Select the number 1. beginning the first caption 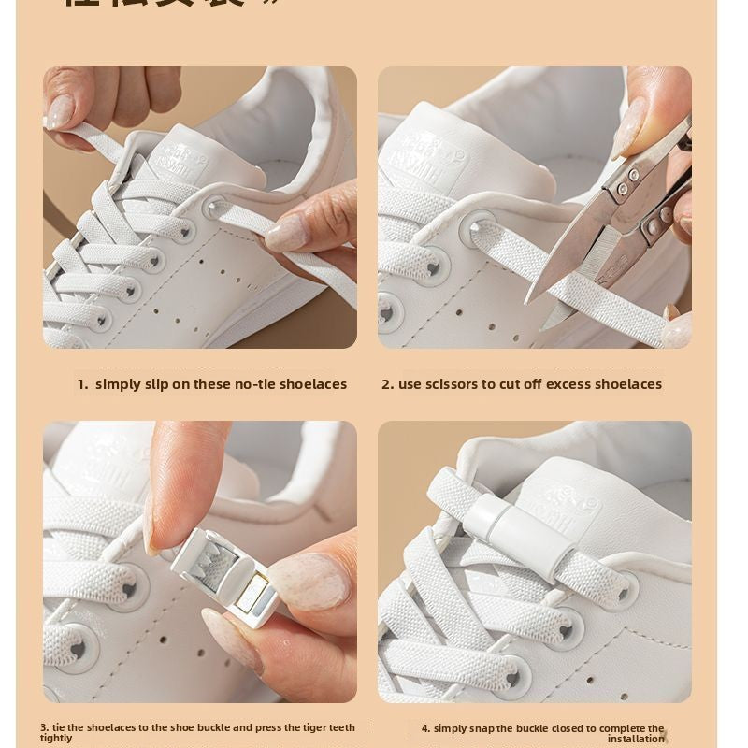click(x=82, y=384)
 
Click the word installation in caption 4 click(x=636, y=739)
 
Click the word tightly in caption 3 click(x=56, y=739)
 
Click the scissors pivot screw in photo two click(x=632, y=177)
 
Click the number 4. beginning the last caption click(x=425, y=728)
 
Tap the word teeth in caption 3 click(x=340, y=727)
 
